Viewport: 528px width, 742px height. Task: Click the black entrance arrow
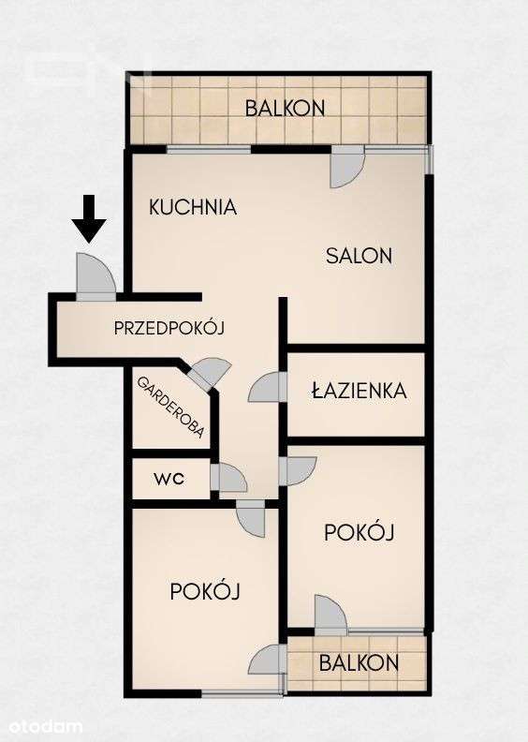click(x=89, y=217)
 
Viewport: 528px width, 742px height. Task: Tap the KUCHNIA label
click(x=193, y=208)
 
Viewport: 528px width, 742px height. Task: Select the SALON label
click(x=359, y=255)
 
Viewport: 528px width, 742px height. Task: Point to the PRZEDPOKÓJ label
click(x=171, y=328)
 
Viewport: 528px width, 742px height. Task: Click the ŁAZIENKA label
click(x=359, y=391)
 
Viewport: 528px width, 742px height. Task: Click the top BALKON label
click(x=286, y=108)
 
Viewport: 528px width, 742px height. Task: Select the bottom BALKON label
click(x=359, y=663)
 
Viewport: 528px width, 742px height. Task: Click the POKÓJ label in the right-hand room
click(x=359, y=532)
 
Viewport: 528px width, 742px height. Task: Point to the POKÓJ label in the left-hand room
click(x=206, y=591)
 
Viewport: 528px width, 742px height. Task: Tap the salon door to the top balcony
click(x=345, y=168)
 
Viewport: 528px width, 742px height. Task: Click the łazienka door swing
click(x=269, y=387)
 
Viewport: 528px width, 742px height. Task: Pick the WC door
click(x=228, y=478)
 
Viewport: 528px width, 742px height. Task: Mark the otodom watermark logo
click(x=45, y=726)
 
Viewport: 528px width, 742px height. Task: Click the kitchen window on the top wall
click(x=209, y=149)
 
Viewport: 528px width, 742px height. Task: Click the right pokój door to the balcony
click(x=330, y=616)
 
